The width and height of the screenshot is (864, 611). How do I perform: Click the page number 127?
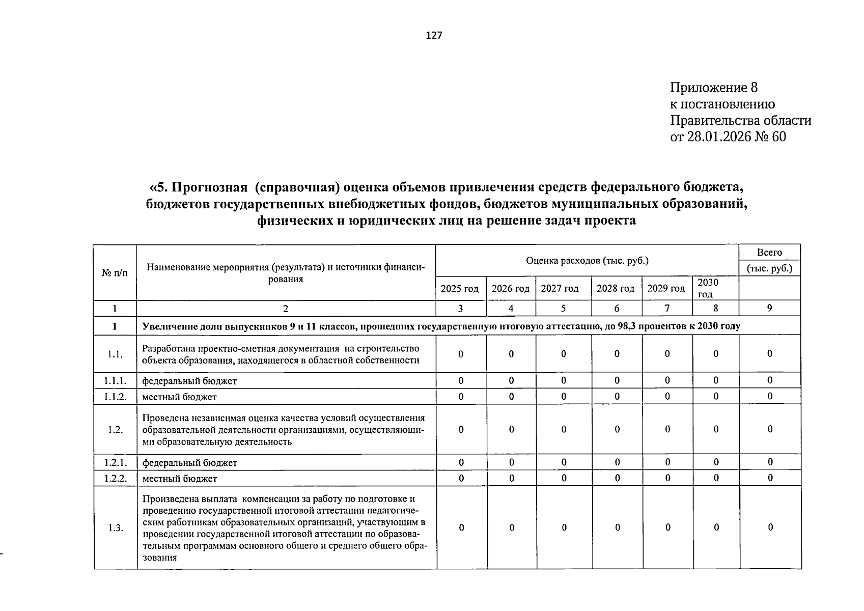coord(434,35)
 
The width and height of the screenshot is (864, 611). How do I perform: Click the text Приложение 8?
coord(714,88)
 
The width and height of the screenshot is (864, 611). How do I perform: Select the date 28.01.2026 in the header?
coord(721,136)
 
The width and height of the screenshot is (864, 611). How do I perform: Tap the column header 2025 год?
coord(460,289)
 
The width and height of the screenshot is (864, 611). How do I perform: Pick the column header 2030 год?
coord(708,288)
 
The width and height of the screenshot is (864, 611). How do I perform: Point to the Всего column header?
coord(769,253)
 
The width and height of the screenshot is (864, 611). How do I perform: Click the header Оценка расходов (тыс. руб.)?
coord(587,261)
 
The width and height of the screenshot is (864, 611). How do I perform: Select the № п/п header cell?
coord(115,273)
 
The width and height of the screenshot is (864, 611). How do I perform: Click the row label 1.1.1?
coord(115,380)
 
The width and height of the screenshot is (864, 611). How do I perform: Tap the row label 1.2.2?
coord(115,478)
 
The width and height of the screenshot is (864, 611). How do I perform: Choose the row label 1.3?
coord(116,528)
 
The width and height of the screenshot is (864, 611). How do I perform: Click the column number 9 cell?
coord(769,308)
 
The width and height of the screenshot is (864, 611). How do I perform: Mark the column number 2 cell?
coord(286,308)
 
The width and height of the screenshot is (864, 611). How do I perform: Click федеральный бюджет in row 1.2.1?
coord(189,463)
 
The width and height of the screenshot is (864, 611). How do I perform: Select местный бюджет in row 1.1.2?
coord(179,397)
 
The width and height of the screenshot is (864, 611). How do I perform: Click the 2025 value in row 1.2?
coord(461,429)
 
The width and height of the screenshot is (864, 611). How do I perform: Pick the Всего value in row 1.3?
coord(770,527)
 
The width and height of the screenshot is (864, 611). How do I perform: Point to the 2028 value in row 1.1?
coord(617,354)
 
